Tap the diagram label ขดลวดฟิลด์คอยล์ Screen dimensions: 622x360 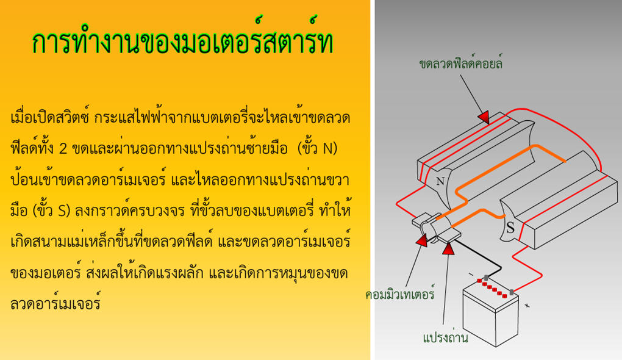point(460,63)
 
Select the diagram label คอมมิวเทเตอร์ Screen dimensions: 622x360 point(400,293)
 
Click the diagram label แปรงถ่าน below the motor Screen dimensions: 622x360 point(445,337)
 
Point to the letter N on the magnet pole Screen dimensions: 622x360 point(440,181)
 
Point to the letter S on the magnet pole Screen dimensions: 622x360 point(510,228)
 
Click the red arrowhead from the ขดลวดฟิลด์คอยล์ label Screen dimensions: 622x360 point(484,117)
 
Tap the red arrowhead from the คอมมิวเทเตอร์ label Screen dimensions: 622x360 point(421,240)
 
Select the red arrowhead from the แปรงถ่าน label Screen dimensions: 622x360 point(448,249)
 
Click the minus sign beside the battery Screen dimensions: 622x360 point(471,274)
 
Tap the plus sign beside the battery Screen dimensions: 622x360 point(527,305)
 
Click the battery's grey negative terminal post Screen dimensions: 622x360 point(485,278)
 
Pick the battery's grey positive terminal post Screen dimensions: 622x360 point(512,292)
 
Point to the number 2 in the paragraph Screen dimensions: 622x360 point(63,149)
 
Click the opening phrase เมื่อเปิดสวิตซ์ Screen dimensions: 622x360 point(49,118)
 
